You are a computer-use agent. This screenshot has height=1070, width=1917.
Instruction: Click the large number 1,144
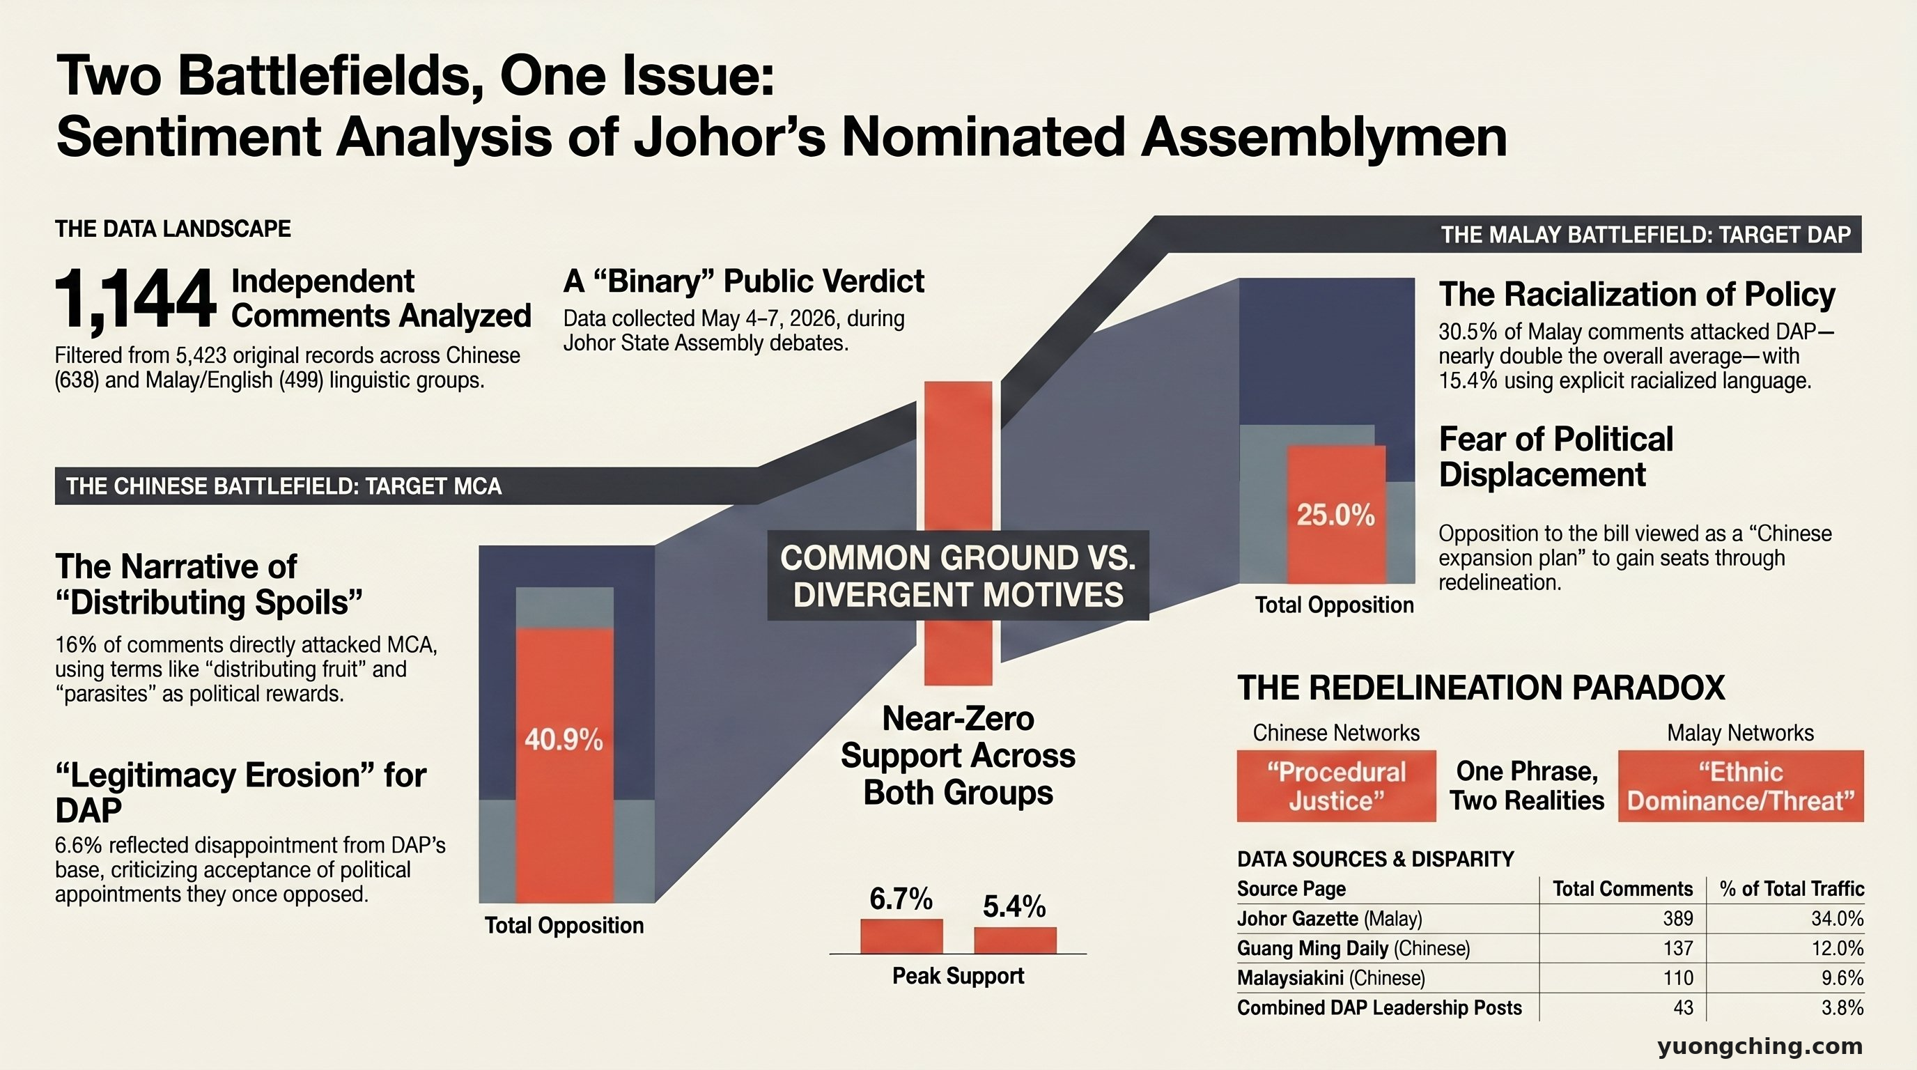tap(135, 300)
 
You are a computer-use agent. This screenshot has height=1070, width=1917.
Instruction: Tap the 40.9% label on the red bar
tap(564, 740)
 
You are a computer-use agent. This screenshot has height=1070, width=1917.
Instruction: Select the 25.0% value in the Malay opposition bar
tap(1336, 515)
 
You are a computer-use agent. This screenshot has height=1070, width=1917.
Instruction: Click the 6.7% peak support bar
tap(901, 936)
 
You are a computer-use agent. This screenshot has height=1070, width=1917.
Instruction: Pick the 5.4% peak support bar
tap(1015, 940)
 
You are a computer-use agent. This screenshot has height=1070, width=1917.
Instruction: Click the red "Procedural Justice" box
tap(1337, 786)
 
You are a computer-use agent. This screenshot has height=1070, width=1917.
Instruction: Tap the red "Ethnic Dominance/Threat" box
tap(1741, 786)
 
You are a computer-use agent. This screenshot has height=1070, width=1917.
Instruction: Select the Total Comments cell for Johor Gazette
tap(1678, 919)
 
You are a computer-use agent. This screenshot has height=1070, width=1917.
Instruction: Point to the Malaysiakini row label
tap(1330, 978)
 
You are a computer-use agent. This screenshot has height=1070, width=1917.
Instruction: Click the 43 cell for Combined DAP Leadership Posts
tap(1684, 1007)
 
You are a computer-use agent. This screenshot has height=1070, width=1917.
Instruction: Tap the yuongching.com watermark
tap(1760, 1047)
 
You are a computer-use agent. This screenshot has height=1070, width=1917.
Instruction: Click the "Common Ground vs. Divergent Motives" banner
tap(958, 576)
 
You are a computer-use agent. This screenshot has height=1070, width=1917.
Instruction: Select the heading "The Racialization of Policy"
tap(1637, 295)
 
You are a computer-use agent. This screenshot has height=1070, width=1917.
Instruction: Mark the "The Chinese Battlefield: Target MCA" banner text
tap(284, 487)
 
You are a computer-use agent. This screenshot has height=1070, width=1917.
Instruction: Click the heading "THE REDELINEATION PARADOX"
tap(1481, 688)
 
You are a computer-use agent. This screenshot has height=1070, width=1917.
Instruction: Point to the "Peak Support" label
tap(958, 976)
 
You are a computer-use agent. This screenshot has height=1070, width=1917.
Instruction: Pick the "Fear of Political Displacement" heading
tap(1556, 457)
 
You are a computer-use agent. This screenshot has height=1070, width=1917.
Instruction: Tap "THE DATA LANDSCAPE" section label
tap(173, 229)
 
